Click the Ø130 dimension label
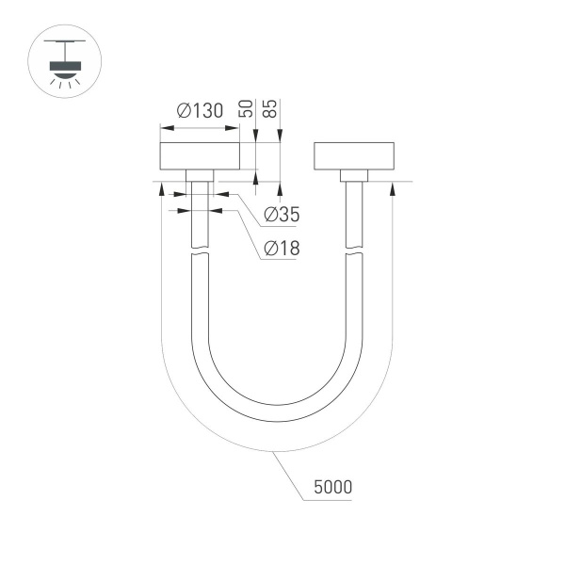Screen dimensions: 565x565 point(199,111)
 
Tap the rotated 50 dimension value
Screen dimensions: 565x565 point(247,106)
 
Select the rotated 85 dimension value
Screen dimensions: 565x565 point(270,106)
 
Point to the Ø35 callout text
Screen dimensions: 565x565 point(282,215)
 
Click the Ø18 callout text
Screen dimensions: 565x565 point(282,249)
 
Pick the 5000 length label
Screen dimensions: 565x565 point(333,488)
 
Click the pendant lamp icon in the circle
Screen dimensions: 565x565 point(64,64)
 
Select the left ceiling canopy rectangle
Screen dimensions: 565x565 point(200,155)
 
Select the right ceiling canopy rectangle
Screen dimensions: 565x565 point(353,155)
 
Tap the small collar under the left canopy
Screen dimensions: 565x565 point(200,175)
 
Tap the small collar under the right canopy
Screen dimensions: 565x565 point(353,175)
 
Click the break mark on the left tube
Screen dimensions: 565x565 point(200,251)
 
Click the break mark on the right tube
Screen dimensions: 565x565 point(353,251)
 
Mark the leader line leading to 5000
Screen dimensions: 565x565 point(289,476)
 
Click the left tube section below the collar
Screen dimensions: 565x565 point(200,217)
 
